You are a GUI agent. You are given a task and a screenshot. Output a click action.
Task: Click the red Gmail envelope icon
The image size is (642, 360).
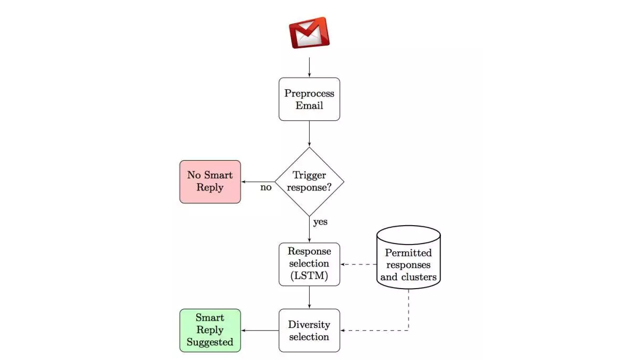(309, 33)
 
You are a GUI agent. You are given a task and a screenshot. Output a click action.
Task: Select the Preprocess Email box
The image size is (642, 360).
(309, 99)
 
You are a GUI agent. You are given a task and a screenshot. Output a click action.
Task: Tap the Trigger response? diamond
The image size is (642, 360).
(309, 181)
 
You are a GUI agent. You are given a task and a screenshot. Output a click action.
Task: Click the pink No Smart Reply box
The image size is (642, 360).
(210, 182)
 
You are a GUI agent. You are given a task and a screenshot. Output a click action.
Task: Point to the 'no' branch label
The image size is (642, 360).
(266, 187)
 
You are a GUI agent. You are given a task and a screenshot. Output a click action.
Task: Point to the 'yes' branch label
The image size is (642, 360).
(320, 221)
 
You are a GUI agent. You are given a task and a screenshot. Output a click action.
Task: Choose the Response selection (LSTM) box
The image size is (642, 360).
(309, 264)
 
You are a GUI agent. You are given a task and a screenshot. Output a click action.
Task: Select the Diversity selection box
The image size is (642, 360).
(309, 330)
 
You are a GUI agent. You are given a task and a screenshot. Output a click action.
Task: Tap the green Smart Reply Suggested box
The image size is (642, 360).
(210, 330)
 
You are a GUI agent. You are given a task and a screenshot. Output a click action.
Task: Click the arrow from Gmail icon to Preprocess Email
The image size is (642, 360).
(309, 67)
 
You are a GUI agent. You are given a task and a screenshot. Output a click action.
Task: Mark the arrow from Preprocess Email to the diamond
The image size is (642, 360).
(309, 134)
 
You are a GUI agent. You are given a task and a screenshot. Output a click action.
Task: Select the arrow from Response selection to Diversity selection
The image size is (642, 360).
(309, 297)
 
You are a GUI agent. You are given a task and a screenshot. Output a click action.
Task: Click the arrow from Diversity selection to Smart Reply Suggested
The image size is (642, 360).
(260, 330)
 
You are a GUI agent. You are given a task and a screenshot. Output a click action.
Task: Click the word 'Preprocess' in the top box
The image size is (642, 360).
(309, 93)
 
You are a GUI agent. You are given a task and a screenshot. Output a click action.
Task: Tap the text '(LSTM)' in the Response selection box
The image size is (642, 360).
(309, 276)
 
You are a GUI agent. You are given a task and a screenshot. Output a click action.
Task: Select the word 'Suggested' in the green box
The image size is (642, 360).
(210, 342)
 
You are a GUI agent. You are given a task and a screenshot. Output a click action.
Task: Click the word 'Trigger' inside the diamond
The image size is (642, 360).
(309, 175)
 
